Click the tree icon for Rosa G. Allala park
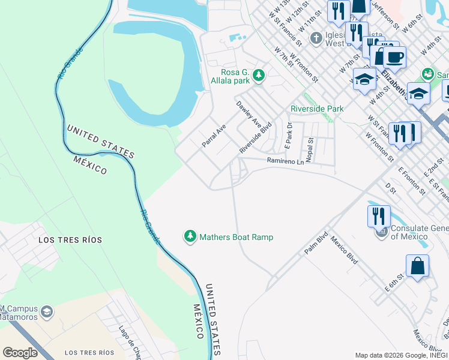click(x=258, y=75)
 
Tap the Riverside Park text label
click(x=317, y=109)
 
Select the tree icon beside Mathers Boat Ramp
click(x=190, y=237)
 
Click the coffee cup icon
click(x=394, y=57)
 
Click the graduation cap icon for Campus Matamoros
click(x=47, y=313)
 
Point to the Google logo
click(x=20, y=353)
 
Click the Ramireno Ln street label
click(x=285, y=161)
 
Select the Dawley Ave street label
click(x=248, y=113)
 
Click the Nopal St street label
click(x=310, y=149)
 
